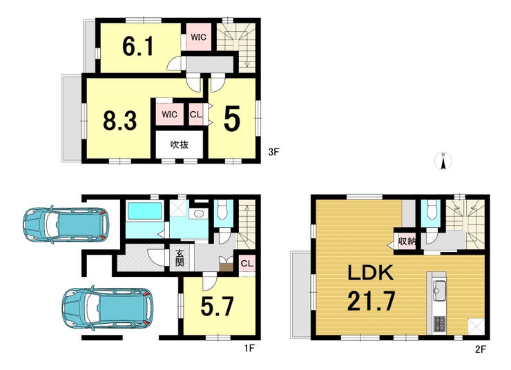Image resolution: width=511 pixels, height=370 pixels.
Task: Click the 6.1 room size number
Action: [x=138, y=46]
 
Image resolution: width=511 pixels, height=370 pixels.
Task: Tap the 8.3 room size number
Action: [x=119, y=120]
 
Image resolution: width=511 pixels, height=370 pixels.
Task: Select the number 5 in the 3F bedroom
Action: [x=232, y=119]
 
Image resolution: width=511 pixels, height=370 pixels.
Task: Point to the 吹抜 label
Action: [x=180, y=144]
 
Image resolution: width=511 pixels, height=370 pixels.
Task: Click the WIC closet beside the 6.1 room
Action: [x=198, y=37]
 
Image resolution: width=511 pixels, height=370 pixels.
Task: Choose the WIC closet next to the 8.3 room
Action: [x=169, y=115]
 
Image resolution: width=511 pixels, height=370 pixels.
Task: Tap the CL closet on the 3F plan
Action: [x=196, y=115]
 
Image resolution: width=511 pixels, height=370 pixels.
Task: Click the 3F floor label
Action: [x=273, y=152]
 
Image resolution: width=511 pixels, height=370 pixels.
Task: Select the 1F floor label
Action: [x=249, y=349]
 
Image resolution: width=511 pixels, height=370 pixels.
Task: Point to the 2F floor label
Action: [x=481, y=349]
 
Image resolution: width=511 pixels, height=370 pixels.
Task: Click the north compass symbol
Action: [x=443, y=161]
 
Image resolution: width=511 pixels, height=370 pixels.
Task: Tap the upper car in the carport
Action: [x=66, y=225]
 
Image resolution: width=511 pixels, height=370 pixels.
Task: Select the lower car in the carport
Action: [x=108, y=308]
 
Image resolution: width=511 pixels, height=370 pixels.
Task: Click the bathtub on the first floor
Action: [x=145, y=211]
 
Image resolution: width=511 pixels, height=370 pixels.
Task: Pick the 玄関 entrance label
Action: [x=180, y=258]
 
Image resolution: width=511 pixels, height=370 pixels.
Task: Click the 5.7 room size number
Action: [x=217, y=306]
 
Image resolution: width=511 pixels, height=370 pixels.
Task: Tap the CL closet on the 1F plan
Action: [x=247, y=263]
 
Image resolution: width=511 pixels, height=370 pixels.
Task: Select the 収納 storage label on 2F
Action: [x=407, y=242]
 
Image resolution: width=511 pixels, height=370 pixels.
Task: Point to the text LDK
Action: [x=371, y=273]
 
